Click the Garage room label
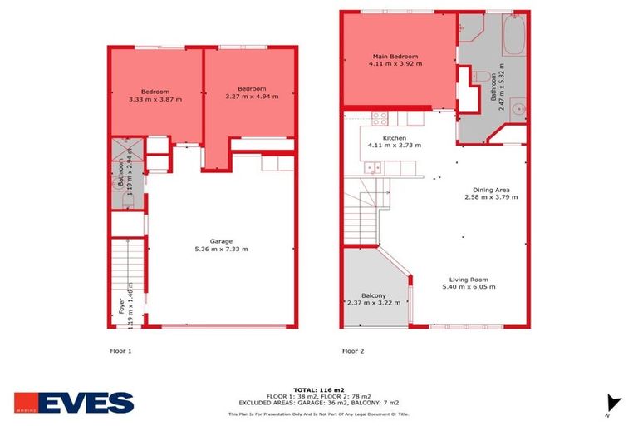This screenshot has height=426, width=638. pyautogui.click(x=221, y=243)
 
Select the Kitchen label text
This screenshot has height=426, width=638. pyautogui.click(x=394, y=138)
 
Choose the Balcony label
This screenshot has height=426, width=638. pyautogui.click(x=373, y=295)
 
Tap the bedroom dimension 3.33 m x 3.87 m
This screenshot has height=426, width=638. pyautogui.click(x=155, y=99)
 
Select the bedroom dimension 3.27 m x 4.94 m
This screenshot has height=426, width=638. pyautogui.click(x=251, y=97)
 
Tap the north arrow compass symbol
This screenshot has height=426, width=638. pyautogui.click(x=613, y=401)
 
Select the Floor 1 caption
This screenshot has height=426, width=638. pyautogui.click(x=121, y=351)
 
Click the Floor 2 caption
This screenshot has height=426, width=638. pyautogui.click(x=353, y=351)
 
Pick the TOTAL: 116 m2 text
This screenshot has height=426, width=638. pyautogui.click(x=320, y=389)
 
